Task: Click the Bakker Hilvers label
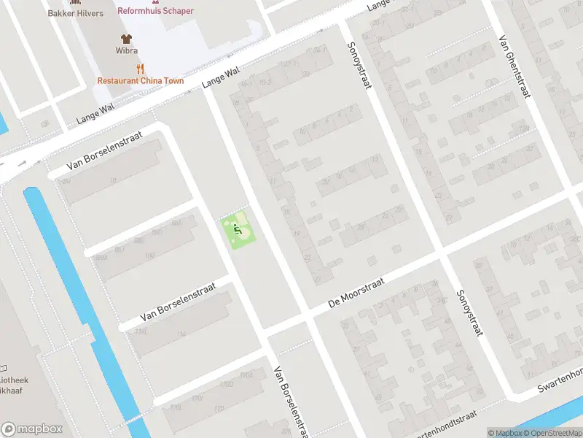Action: (x=75, y=13)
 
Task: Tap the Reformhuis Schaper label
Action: (x=156, y=11)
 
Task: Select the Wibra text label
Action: (x=126, y=51)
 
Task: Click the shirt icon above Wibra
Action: (x=126, y=38)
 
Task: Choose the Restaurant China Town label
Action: (x=141, y=81)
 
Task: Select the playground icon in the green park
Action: (x=238, y=230)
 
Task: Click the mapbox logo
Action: (x=31, y=429)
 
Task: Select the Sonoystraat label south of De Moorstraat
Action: (x=470, y=313)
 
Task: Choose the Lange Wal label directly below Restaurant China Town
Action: (x=95, y=112)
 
